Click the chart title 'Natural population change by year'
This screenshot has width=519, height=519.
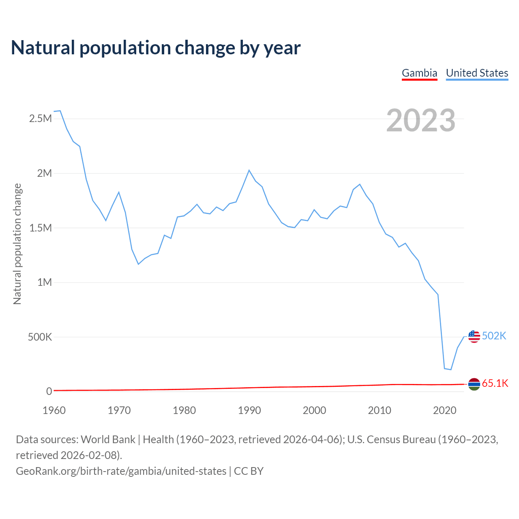coord(156,48)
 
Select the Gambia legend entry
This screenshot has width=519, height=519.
coord(419,73)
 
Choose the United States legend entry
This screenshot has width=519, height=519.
coord(477,73)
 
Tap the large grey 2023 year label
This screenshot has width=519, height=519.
coord(420,120)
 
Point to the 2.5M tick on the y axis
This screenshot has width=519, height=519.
coord(41,119)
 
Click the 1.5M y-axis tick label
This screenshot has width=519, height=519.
coord(41,228)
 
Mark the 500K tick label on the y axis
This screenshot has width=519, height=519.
coord(40,337)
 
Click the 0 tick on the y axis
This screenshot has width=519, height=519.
coord(49,391)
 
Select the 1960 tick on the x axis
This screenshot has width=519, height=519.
coord(54,410)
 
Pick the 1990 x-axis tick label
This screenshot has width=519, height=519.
coord(249,410)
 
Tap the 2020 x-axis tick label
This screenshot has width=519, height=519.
coord(445,410)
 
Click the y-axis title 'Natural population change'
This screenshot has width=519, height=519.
coord(17,244)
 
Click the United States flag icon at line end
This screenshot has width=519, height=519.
coord(474,336)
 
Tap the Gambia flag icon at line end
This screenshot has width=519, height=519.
coord(474,384)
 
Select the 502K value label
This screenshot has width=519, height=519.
coord(494,336)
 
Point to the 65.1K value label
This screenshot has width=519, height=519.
coord(495,384)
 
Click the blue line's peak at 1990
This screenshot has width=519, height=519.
coord(249,170)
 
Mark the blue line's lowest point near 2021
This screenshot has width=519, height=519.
coord(451,369)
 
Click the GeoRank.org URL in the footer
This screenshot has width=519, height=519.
coord(121,471)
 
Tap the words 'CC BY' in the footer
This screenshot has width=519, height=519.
coord(249,471)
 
